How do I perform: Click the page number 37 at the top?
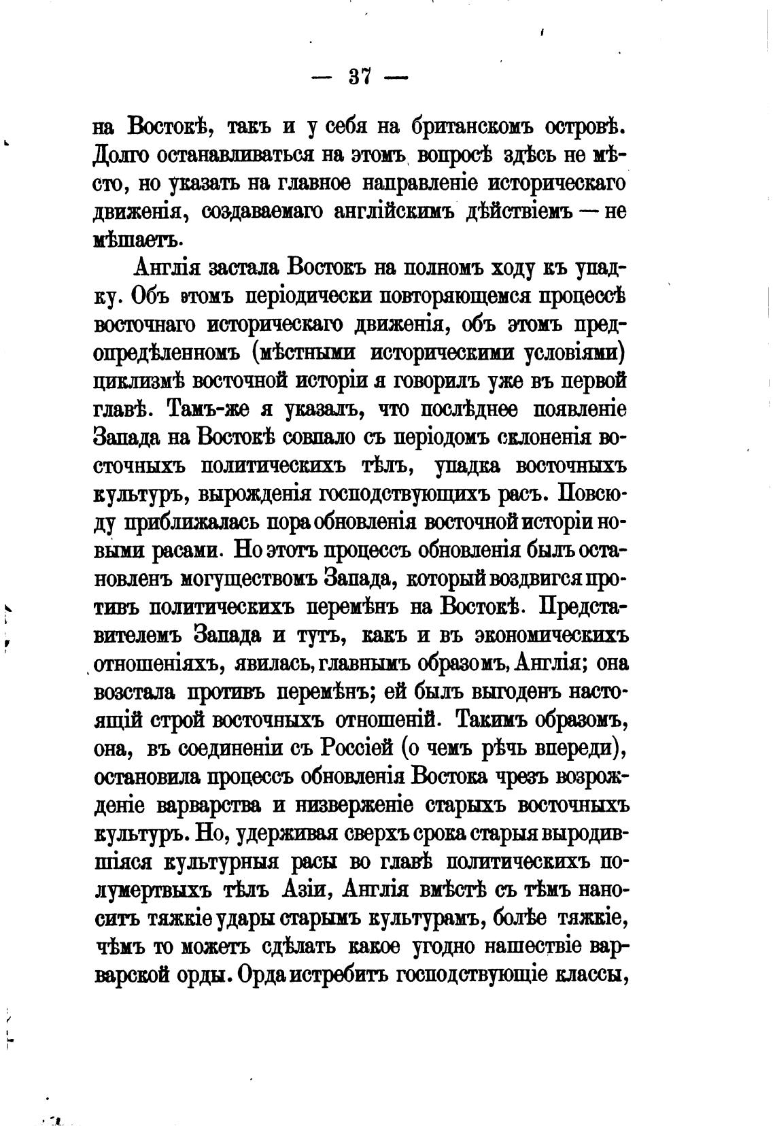(359, 77)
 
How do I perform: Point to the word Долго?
(121, 156)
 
